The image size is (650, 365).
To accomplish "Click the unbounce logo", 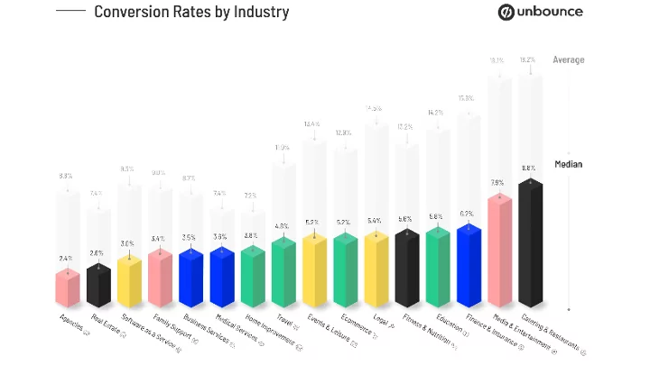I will click(x=541, y=13).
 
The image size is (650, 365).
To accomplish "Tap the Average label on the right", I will click(x=569, y=60).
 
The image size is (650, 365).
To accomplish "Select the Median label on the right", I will click(x=568, y=164).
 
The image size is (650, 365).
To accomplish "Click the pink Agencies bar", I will click(x=68, y=287).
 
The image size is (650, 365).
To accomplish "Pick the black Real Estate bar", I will click(x=98, y=284).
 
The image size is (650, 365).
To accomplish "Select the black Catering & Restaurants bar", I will click(x=531, y=243).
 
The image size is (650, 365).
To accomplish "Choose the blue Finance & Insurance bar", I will click(x=469, y=266).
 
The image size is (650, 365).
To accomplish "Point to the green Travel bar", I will click(x=283, y=272).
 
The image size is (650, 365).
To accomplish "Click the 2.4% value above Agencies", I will click(x=66, y=258).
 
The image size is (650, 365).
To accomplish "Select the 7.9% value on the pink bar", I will click(x=497, y=182).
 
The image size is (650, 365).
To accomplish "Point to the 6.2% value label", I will click(x=467, y=214).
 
